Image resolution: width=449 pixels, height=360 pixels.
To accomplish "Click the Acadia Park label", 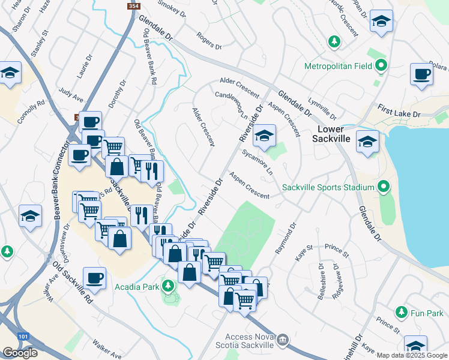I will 137,286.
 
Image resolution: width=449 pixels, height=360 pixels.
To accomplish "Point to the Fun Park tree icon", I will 402,313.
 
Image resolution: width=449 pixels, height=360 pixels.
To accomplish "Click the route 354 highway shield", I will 133,5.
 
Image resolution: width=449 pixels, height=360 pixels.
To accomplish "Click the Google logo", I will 20,352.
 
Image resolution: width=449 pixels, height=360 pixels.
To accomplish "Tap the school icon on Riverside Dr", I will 264,136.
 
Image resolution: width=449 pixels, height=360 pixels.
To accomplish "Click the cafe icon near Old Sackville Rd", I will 95,278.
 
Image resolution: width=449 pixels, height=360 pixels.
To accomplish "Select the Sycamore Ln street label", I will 258,162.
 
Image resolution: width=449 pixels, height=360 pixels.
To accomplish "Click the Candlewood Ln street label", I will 231,103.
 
